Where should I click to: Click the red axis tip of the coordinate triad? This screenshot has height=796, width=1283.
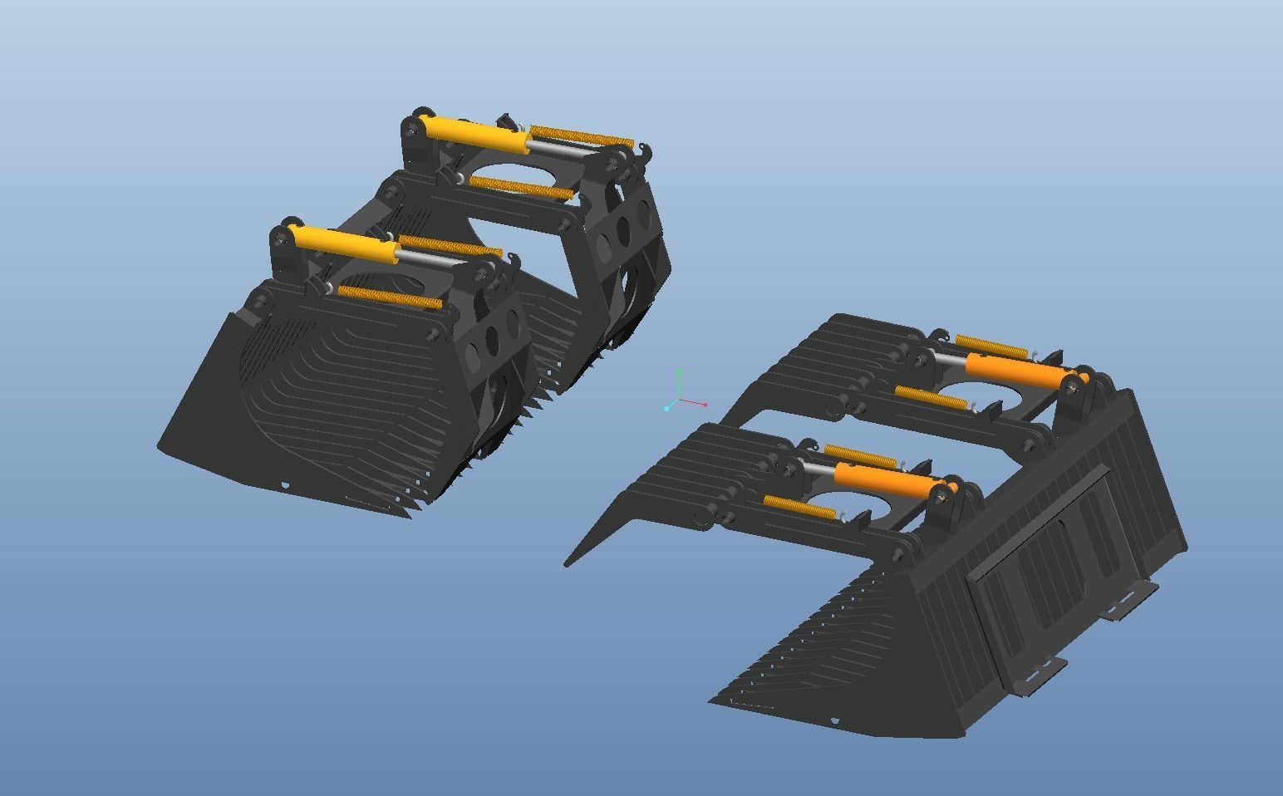[x=705, y=405]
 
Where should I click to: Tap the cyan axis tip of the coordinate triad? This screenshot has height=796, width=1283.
[x=667, y=408]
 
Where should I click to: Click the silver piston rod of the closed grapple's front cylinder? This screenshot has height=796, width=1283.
[x=432, y=261]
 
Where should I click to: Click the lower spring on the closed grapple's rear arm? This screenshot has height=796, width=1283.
[x=521, y=189]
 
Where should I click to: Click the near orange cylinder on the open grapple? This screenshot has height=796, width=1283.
[x=885, y=479]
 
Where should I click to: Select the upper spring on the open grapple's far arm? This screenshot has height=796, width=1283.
[x=993, y=346]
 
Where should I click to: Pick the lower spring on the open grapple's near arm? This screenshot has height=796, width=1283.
[x=799, y=508]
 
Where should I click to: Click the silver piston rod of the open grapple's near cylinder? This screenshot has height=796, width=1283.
[x=818, y=470]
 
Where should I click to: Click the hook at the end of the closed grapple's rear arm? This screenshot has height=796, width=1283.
[x=646, y=151]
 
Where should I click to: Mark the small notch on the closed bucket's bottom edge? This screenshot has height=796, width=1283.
[x=286, y=485]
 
